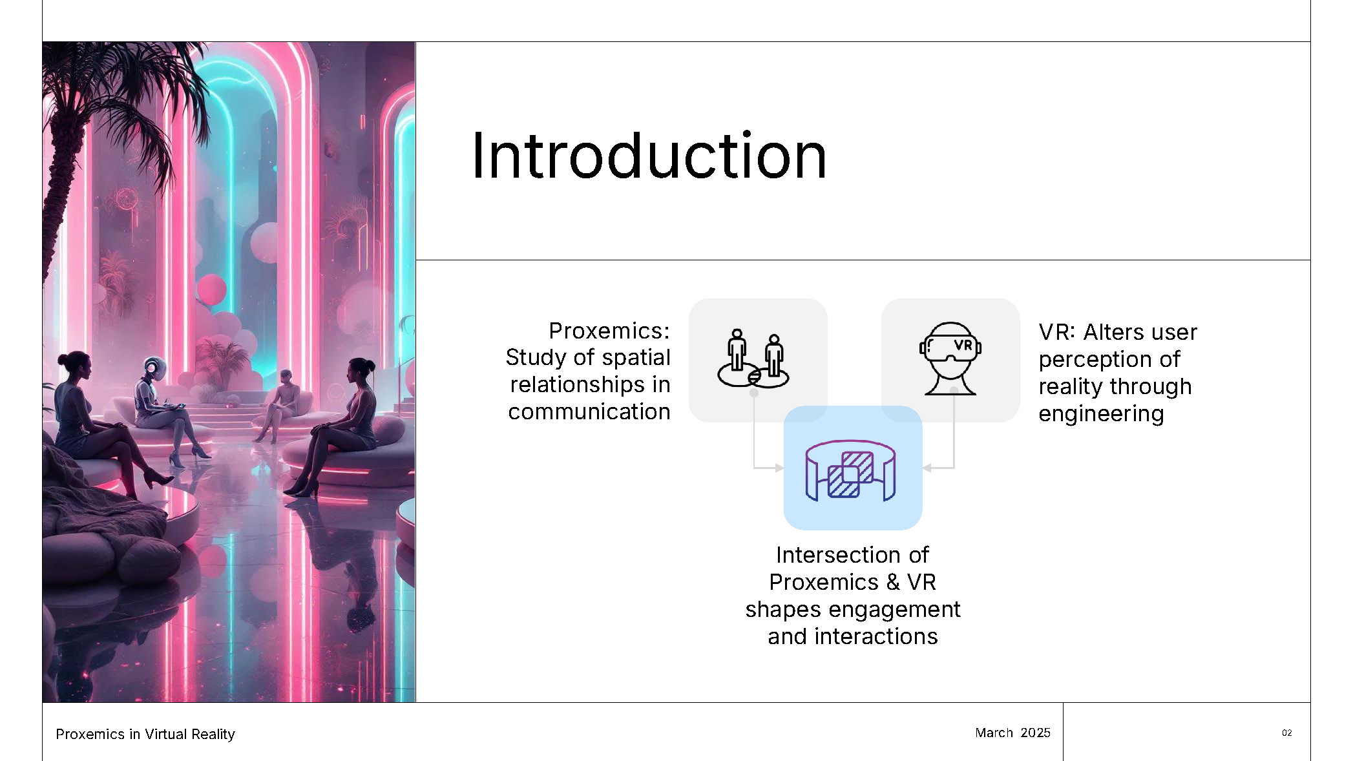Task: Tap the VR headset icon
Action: pos(950,359)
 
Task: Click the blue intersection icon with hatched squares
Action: pos(850,470)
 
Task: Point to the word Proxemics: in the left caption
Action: pos(609,331)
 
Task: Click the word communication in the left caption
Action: pos(589,412)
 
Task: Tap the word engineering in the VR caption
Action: pos(1101,414)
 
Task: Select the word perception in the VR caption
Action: pos(1090,360)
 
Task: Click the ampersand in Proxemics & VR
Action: pos(893,582)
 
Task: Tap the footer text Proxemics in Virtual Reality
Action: pos(145,734)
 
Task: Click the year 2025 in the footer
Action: pos(1036,733)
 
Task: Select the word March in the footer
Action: pos(994,733)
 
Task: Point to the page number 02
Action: pos(1287,733)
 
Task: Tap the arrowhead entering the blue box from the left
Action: pos(779,468)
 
